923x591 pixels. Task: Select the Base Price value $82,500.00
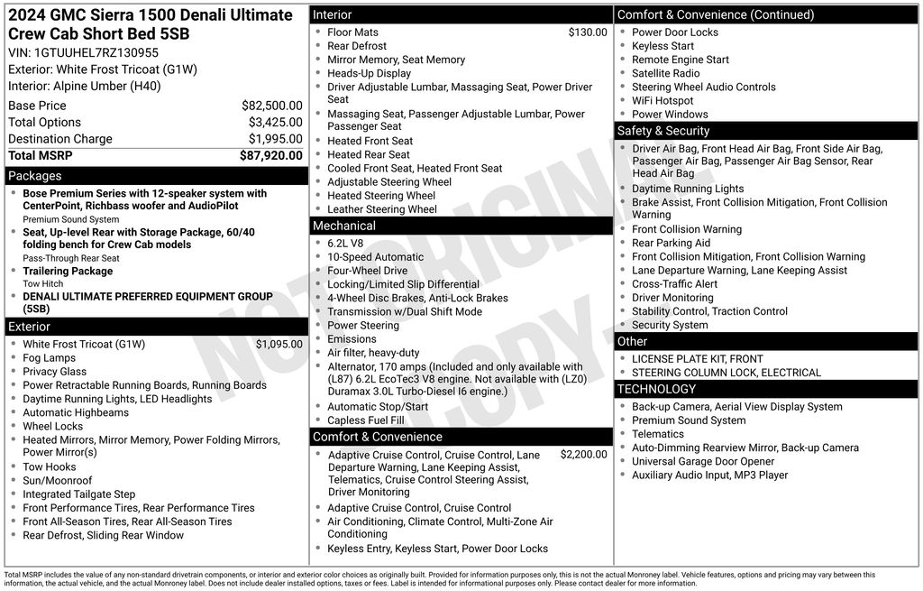tap(271, 106)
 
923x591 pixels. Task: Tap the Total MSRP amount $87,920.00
tap(270, 155)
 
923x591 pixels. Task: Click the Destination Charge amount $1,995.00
tap(275, 139)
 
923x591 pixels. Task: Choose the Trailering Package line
tap(68, 271)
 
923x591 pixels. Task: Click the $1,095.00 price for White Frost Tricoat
tap(279, 344)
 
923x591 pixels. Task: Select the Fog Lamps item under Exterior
tap(49, 358)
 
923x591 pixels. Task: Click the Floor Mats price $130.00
tap(588, 32)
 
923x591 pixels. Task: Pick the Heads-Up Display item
tap(369, 73)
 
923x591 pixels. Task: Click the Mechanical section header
tap(343, 226)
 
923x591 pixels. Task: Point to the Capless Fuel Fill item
tap(365, 420)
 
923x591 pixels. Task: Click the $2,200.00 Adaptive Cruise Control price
tap(583, 455)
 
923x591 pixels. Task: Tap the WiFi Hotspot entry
tap(663, 101)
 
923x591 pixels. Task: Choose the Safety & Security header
tap(663, 131)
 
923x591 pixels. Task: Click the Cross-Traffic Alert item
tap(674, 284)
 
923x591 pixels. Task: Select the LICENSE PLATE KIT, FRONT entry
tap(697, 359)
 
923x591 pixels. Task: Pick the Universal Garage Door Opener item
tap(703, 461)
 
